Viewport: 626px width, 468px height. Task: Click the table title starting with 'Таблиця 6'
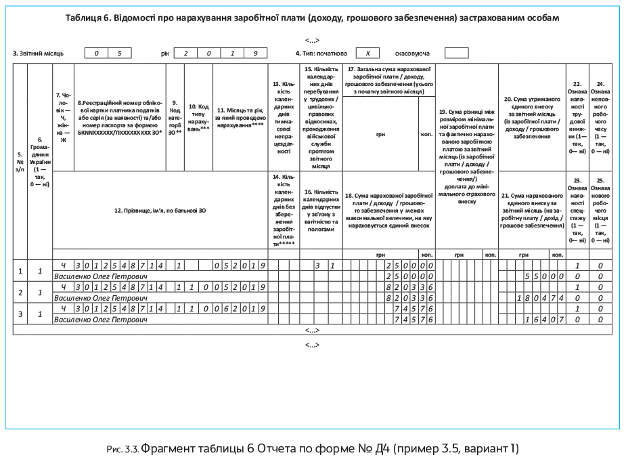[x=313, y=17]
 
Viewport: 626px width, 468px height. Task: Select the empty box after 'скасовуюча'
[x=457, y=53]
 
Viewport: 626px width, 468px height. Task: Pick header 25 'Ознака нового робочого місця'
[x=600, y=210]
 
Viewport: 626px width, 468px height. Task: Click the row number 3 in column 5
[x=20, y=314]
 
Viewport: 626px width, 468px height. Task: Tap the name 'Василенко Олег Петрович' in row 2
[x=101, y=297]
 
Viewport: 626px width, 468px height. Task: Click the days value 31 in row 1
[x=323, y=265]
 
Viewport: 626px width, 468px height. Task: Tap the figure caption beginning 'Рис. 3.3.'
[x=313, y=449]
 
